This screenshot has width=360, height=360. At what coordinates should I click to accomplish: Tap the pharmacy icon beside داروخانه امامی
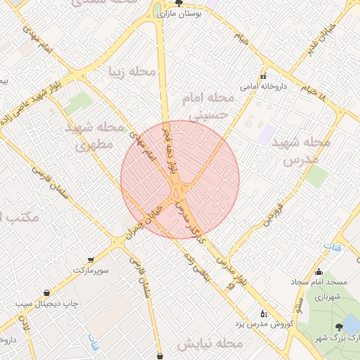[x=264, y=77]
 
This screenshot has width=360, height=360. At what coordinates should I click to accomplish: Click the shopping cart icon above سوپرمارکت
[x=91, y=259]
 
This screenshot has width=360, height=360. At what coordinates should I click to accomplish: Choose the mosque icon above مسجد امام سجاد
[x=319, y=272]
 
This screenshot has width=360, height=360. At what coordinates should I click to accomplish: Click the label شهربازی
[x=328, y=297]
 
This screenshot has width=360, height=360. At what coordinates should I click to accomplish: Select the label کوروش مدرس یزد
[x=262, y=324]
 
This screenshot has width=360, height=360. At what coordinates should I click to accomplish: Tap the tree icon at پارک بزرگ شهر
[x=340, y=327]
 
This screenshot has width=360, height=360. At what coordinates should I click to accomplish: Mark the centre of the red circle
[x=180, y=179]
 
